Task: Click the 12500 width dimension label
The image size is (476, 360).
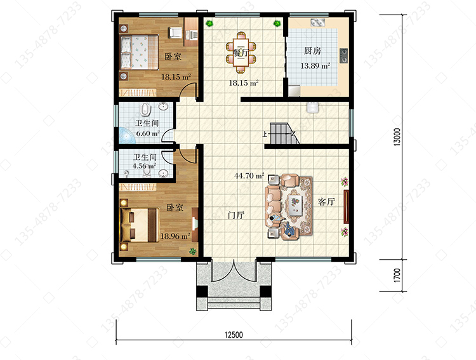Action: coord(234,335)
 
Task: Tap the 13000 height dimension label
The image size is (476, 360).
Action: coord(397,137)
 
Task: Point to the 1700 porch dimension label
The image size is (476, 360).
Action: coord(397,276)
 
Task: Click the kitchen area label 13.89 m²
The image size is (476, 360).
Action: coord(315,65)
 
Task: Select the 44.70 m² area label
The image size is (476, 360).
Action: coord(249,176)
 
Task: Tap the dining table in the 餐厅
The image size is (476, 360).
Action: coord(241,52)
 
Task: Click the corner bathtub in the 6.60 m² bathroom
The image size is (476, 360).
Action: coord(127,135)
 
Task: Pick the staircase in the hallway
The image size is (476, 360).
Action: coord(283,133)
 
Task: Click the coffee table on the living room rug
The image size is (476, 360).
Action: coord(295,205)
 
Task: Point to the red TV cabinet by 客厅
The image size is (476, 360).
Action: coord(346,207)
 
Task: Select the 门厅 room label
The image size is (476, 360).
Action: coord(236,215)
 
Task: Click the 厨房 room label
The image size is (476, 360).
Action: coord(313,50)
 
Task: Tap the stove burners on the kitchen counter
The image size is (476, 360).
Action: coord(343,56)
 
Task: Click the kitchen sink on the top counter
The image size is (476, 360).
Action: coord(318,22)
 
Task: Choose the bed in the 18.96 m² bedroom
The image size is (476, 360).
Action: coord(140,225)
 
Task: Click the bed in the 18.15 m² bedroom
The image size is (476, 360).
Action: coord(140,52)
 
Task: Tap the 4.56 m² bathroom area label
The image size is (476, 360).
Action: coord(144,166)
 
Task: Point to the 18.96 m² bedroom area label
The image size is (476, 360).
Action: coord(175,236)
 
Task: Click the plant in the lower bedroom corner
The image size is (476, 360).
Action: coord(192,251)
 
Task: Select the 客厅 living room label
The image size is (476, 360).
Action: coord(326,201)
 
